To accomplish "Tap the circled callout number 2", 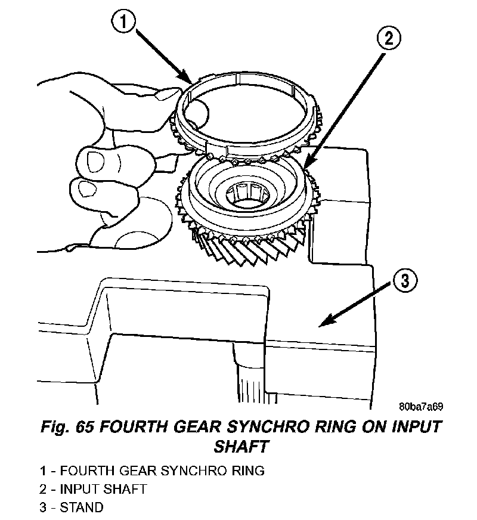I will coord(388,39).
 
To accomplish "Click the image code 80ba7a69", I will coord(421,407).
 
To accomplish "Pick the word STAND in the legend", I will coord(83,507).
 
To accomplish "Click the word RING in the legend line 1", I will coord(248,471).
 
